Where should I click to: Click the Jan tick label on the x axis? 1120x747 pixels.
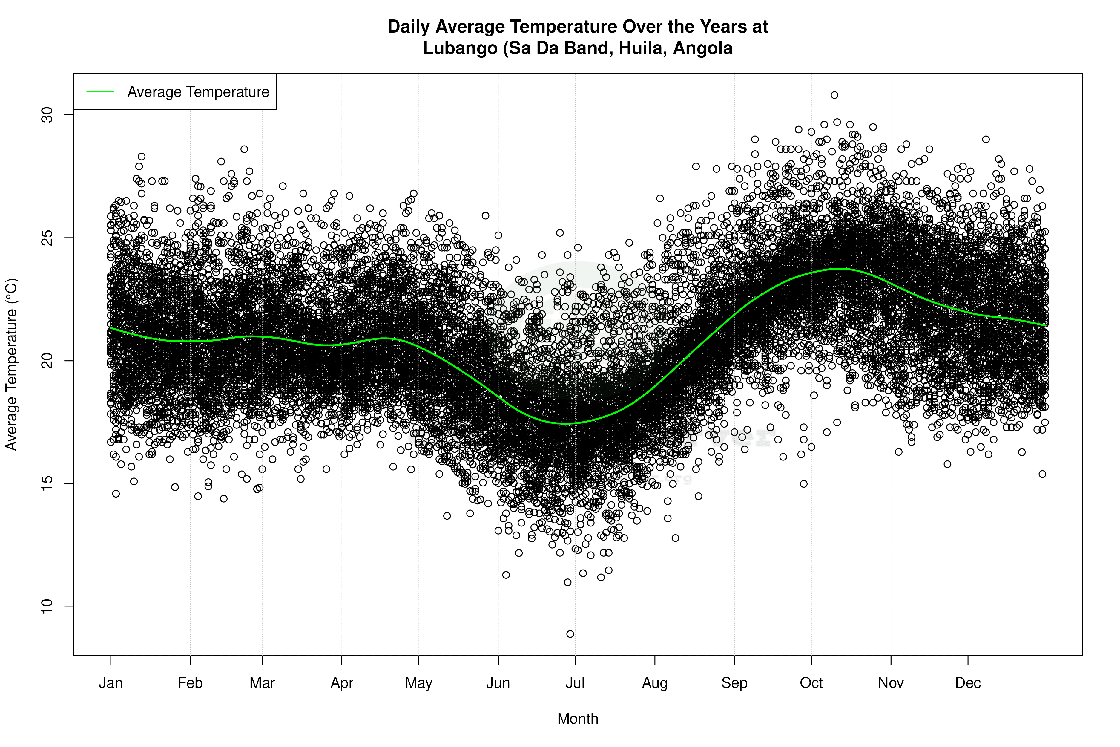click(x=111, y=683)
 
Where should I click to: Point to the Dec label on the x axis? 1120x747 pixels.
click(x=968, y=683)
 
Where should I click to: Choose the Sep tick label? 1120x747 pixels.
click(x=734, y=683)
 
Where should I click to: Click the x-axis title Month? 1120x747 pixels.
click(x=578, y=718)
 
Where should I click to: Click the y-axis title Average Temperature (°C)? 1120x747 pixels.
click(x=11, y=365)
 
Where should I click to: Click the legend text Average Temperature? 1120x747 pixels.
click(x=198, y=92)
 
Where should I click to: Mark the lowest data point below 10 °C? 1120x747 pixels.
click(x=570, y=634)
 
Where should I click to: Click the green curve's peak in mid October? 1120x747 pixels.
click(x=840, y=269)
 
